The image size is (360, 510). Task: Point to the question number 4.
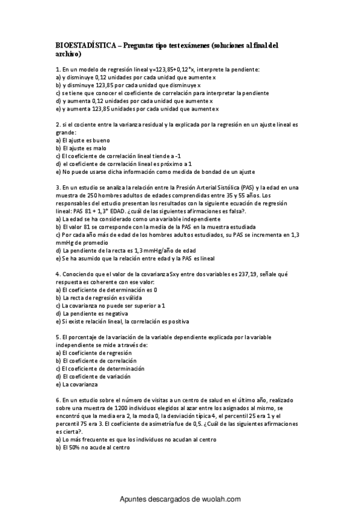click(57, 273)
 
